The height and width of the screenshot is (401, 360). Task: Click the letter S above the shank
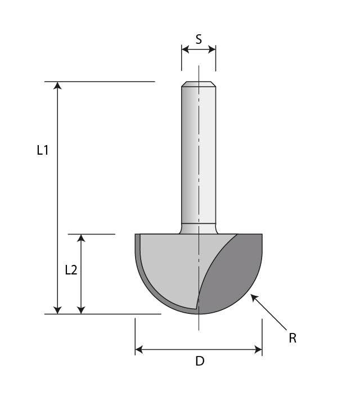point(199,39)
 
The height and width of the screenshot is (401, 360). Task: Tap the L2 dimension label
point(71,270)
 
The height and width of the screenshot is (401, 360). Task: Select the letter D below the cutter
point(200,362)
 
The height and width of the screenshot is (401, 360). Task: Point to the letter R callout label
point(292,338)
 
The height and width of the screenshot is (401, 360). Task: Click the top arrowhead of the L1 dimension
point(57,85)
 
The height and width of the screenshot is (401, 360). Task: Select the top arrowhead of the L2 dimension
point(82,238)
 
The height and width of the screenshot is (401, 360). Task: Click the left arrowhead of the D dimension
point(139,350)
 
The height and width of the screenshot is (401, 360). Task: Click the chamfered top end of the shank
point(199,85)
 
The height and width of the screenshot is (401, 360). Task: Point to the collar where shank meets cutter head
point(198,229)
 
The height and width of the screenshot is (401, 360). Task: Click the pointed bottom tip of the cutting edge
point(197,308)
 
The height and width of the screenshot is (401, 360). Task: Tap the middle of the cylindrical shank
point(198,155)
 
